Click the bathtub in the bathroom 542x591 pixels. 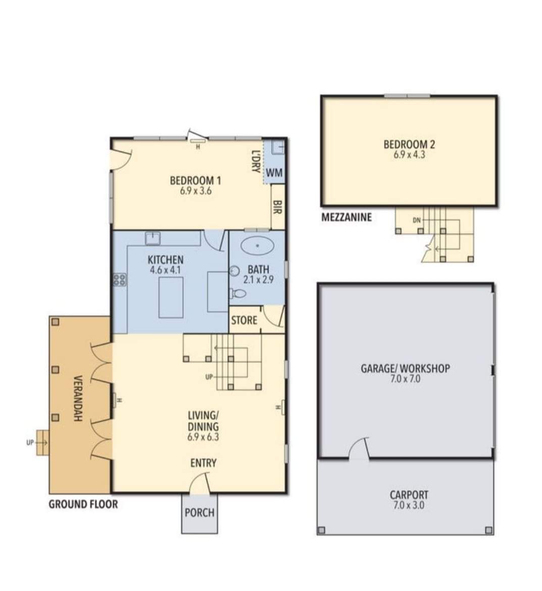click(x=257, y=246)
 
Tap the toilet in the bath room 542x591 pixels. click(x=238, y=293)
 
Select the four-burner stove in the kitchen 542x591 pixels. click(x=120, y=280)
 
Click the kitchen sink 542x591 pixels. click(x=153, y=238)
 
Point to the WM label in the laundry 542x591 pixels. click(x=274, y=173)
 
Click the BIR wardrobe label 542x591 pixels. click(x=277, y=207)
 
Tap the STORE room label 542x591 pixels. click(x=244, y=320)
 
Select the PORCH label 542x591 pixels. click(x=200, y=513)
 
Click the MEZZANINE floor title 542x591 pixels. click(x=347, y=217)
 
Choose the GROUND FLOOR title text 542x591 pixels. click(x=83, y=504)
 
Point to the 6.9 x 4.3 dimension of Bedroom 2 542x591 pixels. click(x=409, y=155)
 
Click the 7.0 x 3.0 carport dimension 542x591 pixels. click(x=409, y=505)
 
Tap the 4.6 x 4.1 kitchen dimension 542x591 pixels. click(x=166, y=270)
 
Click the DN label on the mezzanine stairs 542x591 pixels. click(x=417, y=221)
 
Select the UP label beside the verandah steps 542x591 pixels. click(x=30, y=442)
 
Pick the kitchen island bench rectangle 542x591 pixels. click(x=171, y=298)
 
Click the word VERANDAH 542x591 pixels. click(x=78, y=398)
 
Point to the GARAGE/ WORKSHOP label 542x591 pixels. click(x=405, y=368)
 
